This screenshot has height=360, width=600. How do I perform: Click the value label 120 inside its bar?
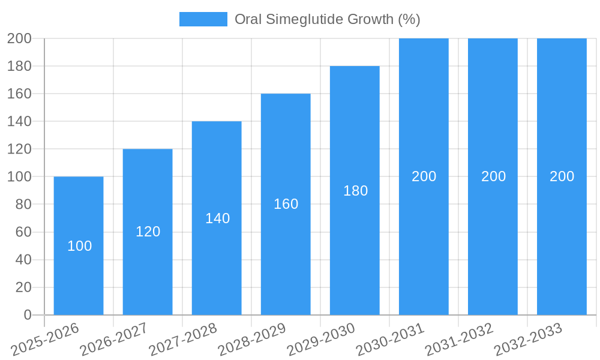148,232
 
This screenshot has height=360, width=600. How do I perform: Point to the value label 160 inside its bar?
286,204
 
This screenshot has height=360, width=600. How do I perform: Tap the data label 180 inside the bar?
355,191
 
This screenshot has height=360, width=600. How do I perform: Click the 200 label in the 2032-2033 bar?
562,176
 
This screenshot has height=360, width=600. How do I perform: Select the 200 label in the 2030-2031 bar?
424,176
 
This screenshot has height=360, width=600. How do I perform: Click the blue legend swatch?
203,19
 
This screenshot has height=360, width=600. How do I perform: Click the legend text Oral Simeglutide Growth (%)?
327,19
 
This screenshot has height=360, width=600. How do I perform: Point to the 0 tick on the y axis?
27,315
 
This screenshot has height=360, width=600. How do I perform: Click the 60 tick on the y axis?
23,232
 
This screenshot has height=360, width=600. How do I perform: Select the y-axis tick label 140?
19,121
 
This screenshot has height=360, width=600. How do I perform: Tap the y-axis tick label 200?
19,38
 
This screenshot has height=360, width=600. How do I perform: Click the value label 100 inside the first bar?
79,246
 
